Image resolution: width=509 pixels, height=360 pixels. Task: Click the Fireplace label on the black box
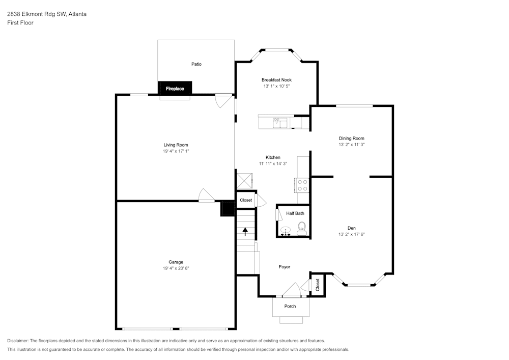(175, 89)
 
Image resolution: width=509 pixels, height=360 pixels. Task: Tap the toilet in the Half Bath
(302, 229)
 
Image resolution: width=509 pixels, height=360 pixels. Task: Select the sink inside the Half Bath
(286, 231)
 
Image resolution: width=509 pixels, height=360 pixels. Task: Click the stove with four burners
(302, 185)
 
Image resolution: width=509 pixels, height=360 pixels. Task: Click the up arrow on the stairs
(245, 232)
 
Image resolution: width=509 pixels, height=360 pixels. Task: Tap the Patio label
(196, 64)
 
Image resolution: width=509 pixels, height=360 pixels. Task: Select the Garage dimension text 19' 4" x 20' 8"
(176, 268)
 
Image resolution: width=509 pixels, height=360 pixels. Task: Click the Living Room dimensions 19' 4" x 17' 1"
(176, 151)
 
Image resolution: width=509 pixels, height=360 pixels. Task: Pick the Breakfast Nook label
(276, 80)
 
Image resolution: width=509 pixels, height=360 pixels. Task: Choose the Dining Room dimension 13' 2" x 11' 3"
(352, 145)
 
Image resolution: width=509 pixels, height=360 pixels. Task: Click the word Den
(352, 228)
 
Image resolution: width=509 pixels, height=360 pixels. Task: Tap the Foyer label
(285, 267)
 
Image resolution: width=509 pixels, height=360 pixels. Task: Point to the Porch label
(290, 306)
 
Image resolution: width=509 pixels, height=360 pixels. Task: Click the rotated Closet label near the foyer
(318, 285)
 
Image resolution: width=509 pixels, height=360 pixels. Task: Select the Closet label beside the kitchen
(246, 200)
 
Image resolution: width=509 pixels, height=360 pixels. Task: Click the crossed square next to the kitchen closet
(244, 181)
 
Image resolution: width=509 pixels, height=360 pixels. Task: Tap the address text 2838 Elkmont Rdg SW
(37, 14)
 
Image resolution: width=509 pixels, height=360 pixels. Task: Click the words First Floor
(20, 23)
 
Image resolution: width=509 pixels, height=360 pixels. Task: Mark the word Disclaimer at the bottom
(17, 341)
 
